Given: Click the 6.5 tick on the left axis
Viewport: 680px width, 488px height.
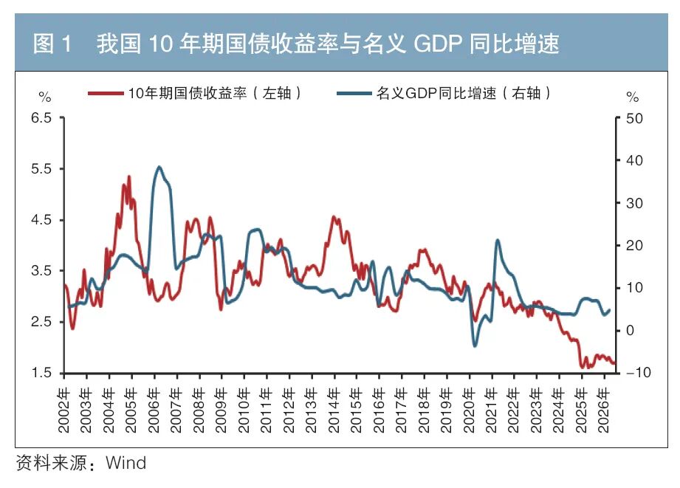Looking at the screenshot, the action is coord(41,118).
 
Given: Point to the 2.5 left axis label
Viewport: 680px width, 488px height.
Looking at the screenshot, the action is coord(41,322).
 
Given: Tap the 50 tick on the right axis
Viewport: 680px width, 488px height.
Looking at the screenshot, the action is coord(634,118).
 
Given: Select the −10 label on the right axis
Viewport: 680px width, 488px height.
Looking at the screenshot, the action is coord(639,372).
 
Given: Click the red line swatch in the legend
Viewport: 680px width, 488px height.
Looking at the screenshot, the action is coord(106,93).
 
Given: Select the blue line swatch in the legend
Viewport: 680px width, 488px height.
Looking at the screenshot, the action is coord(354,93).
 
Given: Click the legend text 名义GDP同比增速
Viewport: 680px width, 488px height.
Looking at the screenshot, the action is coord(436,93).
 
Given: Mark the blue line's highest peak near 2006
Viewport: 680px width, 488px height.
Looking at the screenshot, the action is coord(159,167).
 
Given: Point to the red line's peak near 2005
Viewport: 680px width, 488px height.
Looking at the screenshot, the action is coord(128,176).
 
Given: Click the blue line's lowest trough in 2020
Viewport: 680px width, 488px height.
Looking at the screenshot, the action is coord(475,346).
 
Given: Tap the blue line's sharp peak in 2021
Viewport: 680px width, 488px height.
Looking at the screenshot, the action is coord(497,240).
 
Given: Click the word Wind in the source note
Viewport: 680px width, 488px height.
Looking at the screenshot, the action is coord(126,463).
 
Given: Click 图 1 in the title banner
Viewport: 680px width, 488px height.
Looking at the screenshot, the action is coord(52,44).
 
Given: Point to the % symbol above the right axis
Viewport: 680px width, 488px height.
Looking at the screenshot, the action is coord(632,97).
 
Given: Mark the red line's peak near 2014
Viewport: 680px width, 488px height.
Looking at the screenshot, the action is coord(334,216).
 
